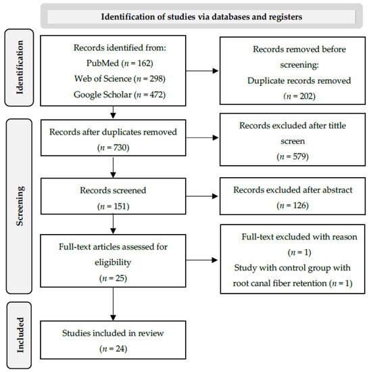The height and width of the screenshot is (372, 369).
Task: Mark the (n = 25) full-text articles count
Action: click(x=109, y=278)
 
